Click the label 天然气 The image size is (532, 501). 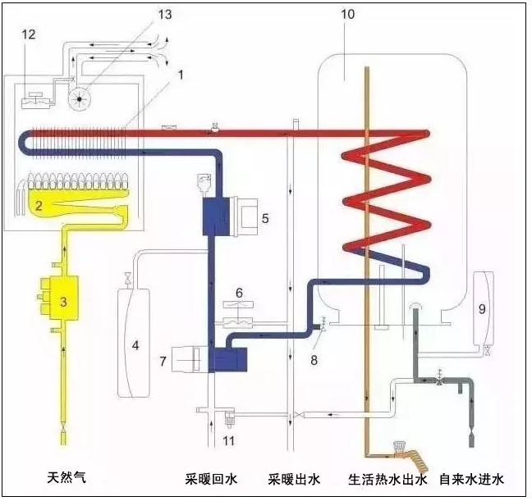(66, 477)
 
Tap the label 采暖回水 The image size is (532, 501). (211, 480)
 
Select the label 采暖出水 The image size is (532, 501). (294, 480)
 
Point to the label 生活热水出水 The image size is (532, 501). (388, 480)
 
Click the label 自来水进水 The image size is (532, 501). (471, 480)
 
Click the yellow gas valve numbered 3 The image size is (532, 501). (60, 298)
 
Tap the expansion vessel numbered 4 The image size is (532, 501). (133, 343)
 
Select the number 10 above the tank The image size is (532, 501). (348, 14)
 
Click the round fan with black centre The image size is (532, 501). (80, 98)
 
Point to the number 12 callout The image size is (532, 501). (29, 34)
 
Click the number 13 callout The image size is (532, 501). (165, 14)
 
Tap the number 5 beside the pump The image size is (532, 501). (265, 218)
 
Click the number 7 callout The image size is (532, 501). (163, 361)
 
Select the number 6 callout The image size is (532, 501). (239, 294)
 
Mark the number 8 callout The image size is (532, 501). (314, 360)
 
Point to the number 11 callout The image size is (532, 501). (229, 441)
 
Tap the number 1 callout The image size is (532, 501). (181, 75)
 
